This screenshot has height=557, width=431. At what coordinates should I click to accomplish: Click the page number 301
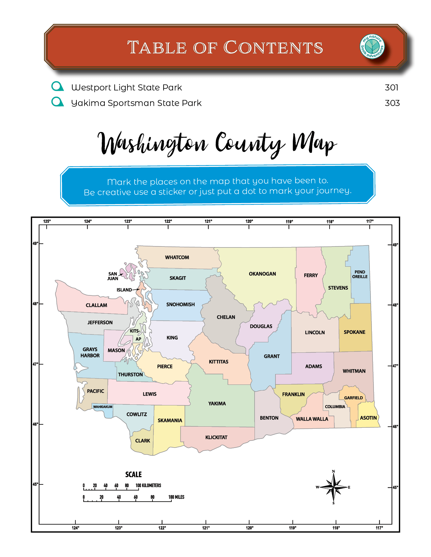[391, 87]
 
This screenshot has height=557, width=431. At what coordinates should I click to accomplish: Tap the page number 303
[392, 103]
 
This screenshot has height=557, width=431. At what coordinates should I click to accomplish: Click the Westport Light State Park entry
[126, 87]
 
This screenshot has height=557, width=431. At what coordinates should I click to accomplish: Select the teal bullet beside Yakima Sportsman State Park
[57, 102]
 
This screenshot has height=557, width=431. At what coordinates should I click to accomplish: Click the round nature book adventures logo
[372, 47]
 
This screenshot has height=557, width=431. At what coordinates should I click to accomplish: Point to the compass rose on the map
[334, 487]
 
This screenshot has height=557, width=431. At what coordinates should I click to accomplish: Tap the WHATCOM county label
[177, 257]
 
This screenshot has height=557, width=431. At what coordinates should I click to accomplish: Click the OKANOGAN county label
[262, 274]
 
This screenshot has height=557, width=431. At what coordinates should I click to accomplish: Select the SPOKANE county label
[354, 332]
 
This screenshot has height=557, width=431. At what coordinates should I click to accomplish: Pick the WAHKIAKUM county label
[103, 407]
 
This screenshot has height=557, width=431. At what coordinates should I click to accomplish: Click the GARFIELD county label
[353, 398]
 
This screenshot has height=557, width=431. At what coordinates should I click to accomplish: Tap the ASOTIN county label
[368, 418]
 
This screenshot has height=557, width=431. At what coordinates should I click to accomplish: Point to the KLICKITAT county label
[216, 437]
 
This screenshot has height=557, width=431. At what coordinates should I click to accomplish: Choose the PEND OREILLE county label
[360, 274]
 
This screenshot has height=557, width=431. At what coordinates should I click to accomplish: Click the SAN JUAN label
[113, 276]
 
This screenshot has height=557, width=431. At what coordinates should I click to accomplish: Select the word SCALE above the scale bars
[134, 474]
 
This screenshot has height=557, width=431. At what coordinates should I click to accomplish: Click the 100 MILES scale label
[176, 497]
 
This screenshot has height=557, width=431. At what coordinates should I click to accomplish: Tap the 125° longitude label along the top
[47, 221]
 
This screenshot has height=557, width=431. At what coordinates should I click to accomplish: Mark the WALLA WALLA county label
[312, 419]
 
